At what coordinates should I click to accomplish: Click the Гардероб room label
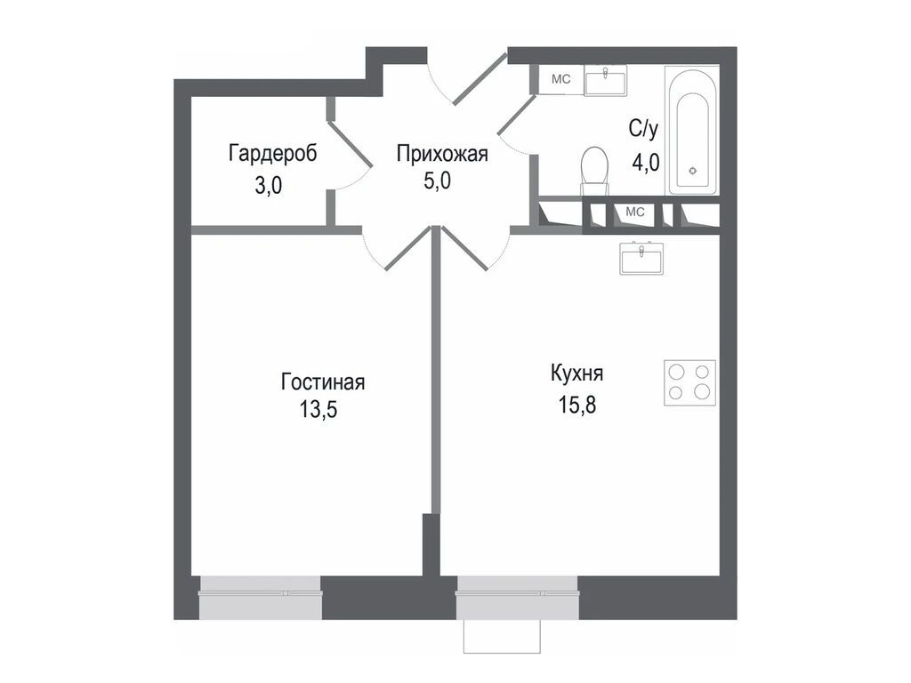[x=272, y=154]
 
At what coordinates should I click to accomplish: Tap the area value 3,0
[x=269, y=186]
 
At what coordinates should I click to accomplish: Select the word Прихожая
[x=442, y=154]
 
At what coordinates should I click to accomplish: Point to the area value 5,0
[x=437, y=181]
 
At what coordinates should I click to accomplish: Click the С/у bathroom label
[x=643, y=129]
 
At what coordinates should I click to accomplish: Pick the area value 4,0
[x=646, y=162]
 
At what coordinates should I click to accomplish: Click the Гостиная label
[x=322, y=382]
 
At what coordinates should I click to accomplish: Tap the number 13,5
[x=318, y=409]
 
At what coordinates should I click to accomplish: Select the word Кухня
[x=576, y=373]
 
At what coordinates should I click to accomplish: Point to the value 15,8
[x=576, y=405]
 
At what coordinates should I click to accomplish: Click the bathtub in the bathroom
[x=692, y=130]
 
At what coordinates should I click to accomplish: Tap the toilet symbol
[x=594, y=171]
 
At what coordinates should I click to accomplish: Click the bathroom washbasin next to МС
[x=605, y=80]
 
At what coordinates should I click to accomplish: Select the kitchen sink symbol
[x=641, y=258]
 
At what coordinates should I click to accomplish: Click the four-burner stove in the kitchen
[x=689, y=382]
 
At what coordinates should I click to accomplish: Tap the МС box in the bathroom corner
[x=560, y=79]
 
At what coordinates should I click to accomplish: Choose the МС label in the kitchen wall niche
[x=635, y=212]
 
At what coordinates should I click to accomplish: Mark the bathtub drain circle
[x=692, y=171]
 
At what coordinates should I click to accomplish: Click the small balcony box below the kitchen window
[x=502, y=636]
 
